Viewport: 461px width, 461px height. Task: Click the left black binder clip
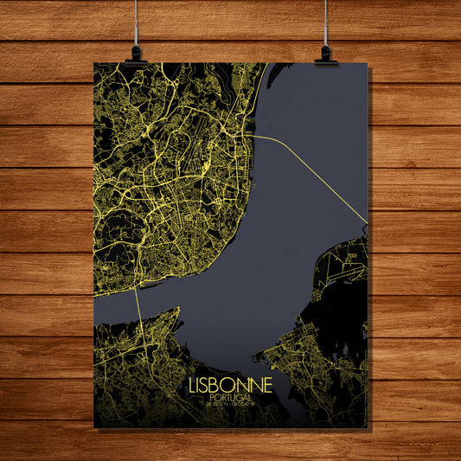[x=134, y=57]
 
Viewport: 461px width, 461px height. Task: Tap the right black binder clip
[x=326, y=57]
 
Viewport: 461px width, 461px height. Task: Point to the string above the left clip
[x=136, y=22]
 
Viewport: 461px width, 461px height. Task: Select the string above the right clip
[x=325, y=22]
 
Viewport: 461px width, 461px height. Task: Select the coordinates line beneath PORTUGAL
[x=230, y=403]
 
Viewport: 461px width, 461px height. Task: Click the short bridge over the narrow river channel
[x=138, y=302]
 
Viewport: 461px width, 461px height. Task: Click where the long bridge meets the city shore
[x=253, y=136]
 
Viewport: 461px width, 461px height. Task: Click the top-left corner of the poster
[x=94, y=63]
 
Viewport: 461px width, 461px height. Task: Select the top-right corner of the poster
[x=368, y=63]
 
